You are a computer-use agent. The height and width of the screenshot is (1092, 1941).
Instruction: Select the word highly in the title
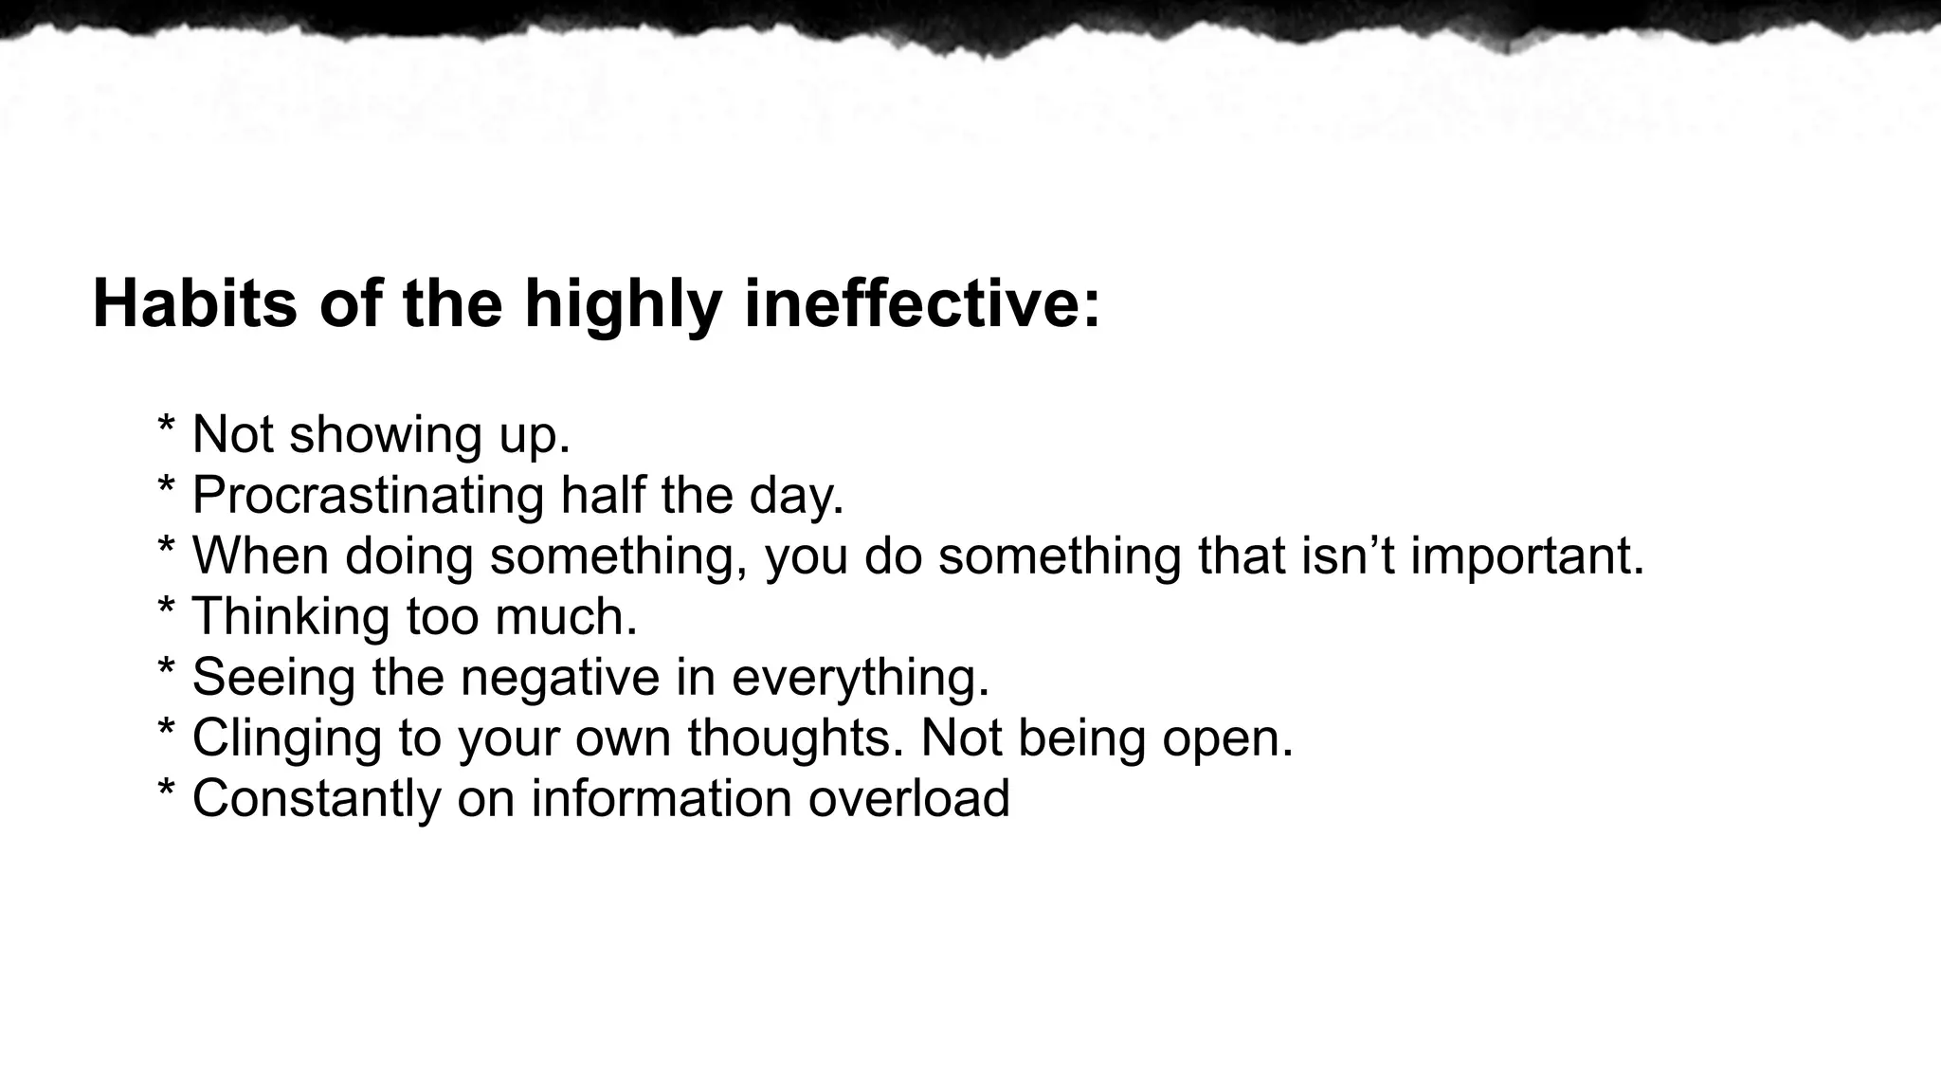pos(623,305)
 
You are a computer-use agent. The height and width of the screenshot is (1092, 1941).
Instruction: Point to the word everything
pos(860,678)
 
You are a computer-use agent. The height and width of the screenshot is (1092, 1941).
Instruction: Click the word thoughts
pos(794,737)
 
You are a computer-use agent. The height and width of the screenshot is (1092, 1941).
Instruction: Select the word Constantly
pos(317,798)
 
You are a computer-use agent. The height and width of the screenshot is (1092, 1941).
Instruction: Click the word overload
pos(909,798)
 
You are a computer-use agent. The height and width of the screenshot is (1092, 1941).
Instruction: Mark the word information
pos(661,798)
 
